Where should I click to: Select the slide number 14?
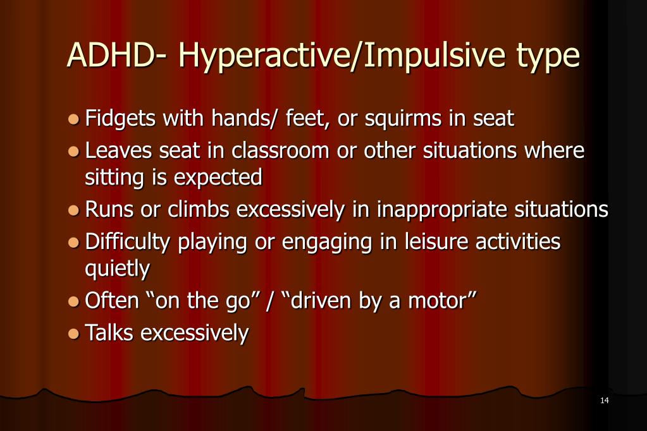pyautogui.click(x=603, y=401)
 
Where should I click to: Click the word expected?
pyautogui.click(x=218, y=178)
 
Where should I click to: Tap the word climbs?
pyautogui.click(x=199, y=210)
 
